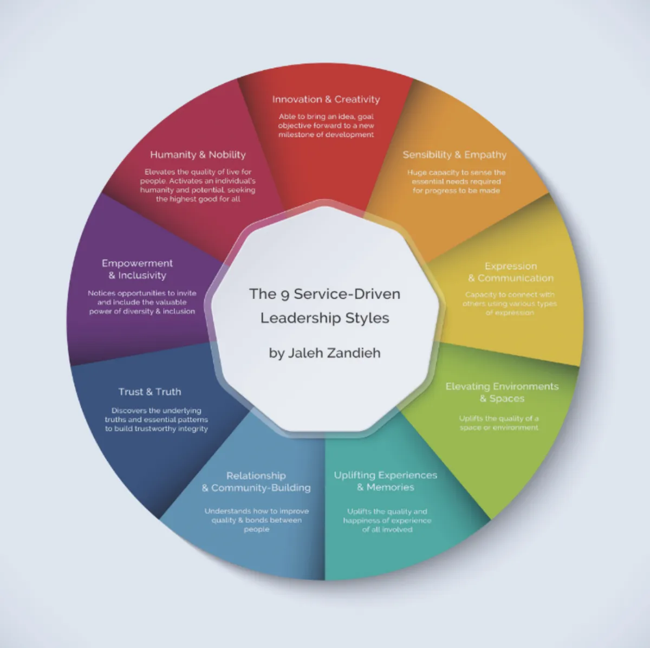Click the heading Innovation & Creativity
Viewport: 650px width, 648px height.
click(326, 100)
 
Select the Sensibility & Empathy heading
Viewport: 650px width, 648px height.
click(454, 155)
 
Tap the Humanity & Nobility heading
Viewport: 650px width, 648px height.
click(198, 155)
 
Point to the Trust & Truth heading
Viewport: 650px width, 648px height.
click(149, 392)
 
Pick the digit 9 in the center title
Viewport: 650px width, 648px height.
click(285, 295)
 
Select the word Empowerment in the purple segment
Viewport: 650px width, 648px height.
click(137, 263)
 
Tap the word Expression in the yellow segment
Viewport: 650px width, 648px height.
click(511, 266)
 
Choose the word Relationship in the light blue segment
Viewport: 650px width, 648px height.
click(256, 476)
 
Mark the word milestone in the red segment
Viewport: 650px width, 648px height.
click(296, 135)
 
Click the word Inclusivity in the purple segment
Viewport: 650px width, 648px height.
click(142, 276)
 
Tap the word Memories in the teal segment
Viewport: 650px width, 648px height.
click(390, 488)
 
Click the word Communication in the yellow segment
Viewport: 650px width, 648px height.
click(516, 278)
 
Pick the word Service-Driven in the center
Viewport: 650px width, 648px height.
click(347, 294)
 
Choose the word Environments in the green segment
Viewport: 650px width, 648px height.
click(517, 386)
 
